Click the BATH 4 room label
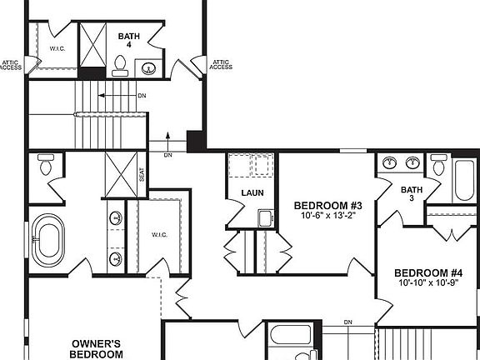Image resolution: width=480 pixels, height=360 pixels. pos(129,40)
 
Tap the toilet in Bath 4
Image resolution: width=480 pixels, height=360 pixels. pos(119,63)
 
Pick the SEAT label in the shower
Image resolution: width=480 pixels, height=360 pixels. pos(142,174)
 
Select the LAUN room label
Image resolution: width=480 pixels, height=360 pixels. pos(252,193)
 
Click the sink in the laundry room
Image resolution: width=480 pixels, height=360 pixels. pos(265,219)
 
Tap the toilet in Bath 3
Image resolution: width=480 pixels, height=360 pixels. pos(438,164)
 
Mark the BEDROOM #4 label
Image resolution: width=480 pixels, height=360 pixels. pos(428,273)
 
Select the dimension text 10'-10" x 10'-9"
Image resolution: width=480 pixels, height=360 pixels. pos(428,284)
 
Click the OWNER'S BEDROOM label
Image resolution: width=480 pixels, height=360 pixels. pos(97,348)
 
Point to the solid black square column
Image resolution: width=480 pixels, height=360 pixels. pos(195,141)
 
